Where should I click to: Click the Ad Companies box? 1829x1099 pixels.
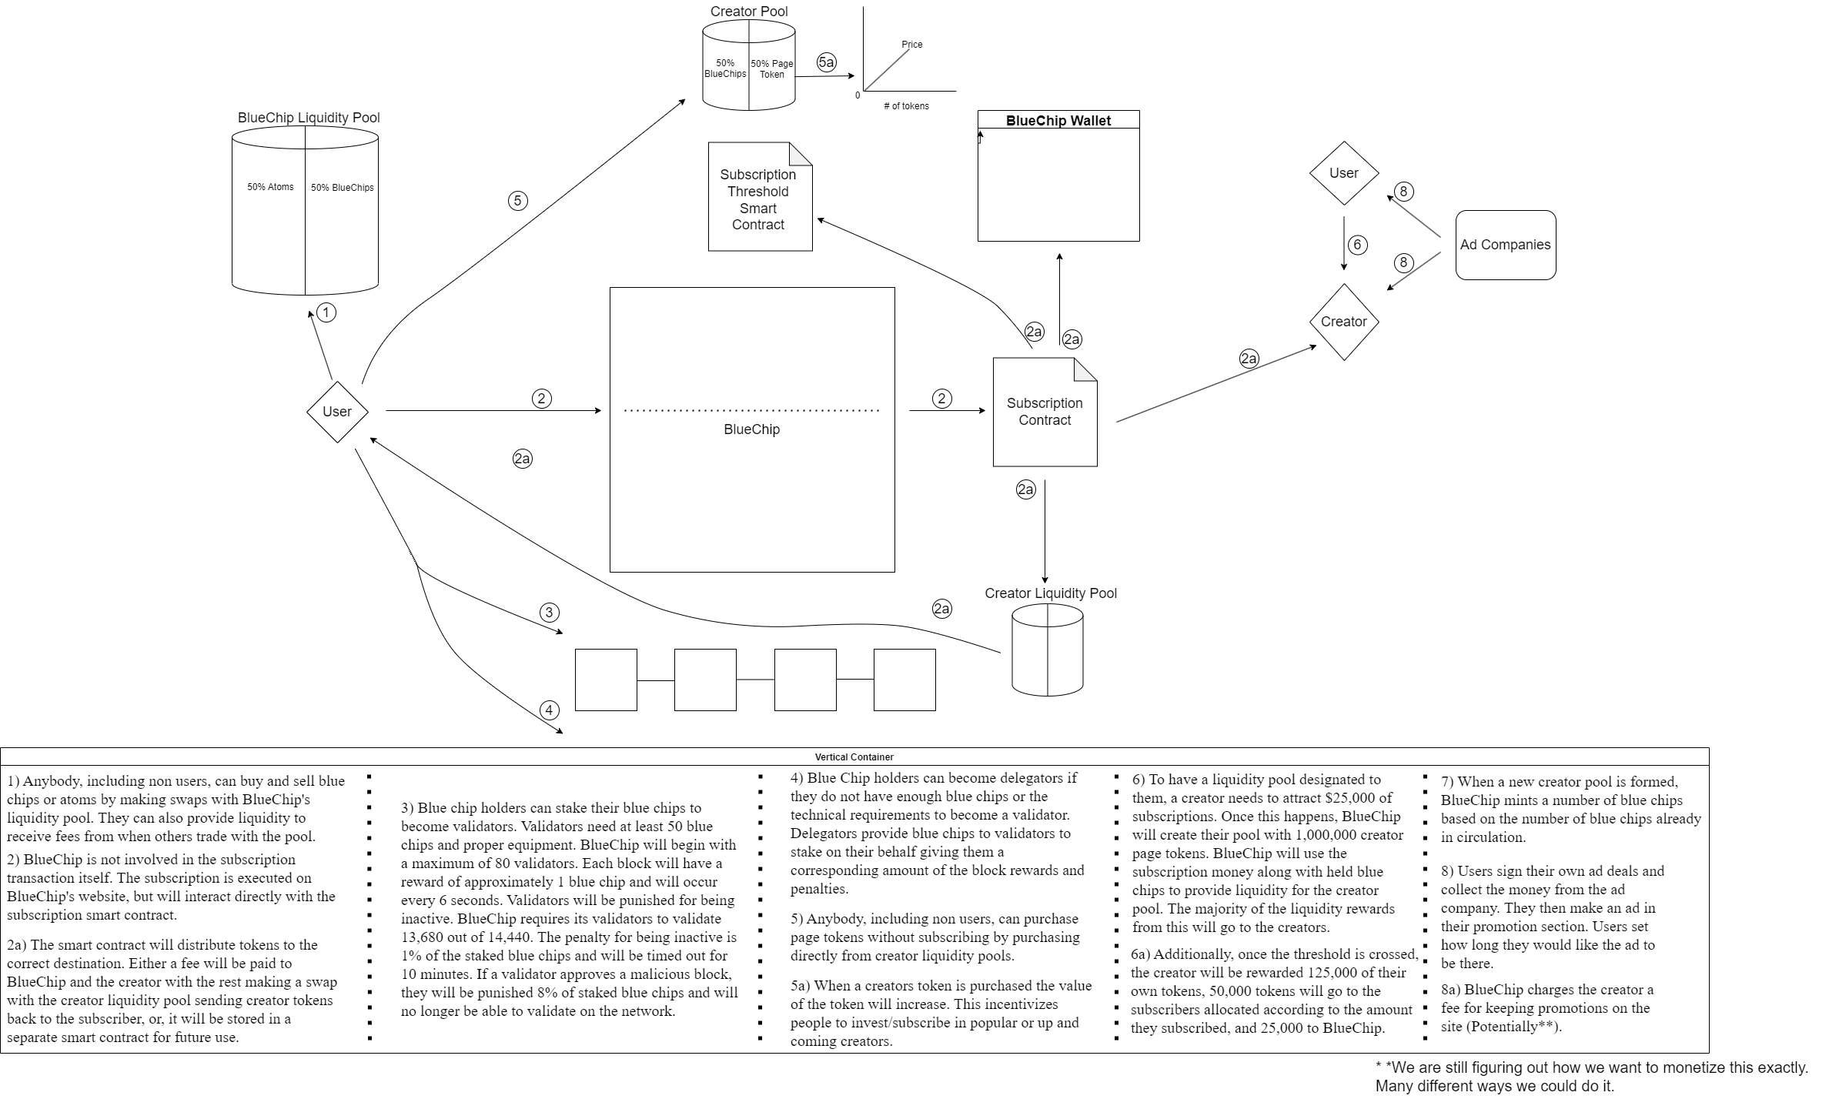tap(1505, 245)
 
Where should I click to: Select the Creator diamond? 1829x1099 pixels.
tap(1343, 322)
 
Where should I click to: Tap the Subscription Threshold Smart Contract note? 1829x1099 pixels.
tap(759, 199)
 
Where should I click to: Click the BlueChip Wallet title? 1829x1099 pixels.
tap(1058, 121)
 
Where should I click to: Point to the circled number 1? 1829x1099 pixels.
tap(326, 312)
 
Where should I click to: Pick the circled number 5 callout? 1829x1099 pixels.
tap(517, 201)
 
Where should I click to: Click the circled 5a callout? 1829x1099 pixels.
tap(826, 62)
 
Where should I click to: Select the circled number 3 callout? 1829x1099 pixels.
tap(549, 613)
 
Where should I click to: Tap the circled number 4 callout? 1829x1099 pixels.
tap(549, 710)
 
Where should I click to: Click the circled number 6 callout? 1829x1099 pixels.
tap(1357, 245)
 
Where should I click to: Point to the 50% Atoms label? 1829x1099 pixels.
tap(270, 187)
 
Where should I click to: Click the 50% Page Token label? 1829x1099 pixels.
tap(771, 69)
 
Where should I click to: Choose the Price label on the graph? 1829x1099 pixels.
tap(911, 45)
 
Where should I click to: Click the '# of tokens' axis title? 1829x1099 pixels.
tap(906, 106)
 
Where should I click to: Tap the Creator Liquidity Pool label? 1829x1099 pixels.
tap(1050, 593)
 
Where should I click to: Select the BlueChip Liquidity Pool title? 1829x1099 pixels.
tap(309, 118)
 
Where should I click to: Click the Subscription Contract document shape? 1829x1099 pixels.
tap(1044, 412)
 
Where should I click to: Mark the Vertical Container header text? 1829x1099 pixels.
tap(854, 757)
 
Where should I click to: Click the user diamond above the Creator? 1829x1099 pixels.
tap(1343, 173)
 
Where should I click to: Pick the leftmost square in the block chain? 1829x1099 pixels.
tap(606, 680)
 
